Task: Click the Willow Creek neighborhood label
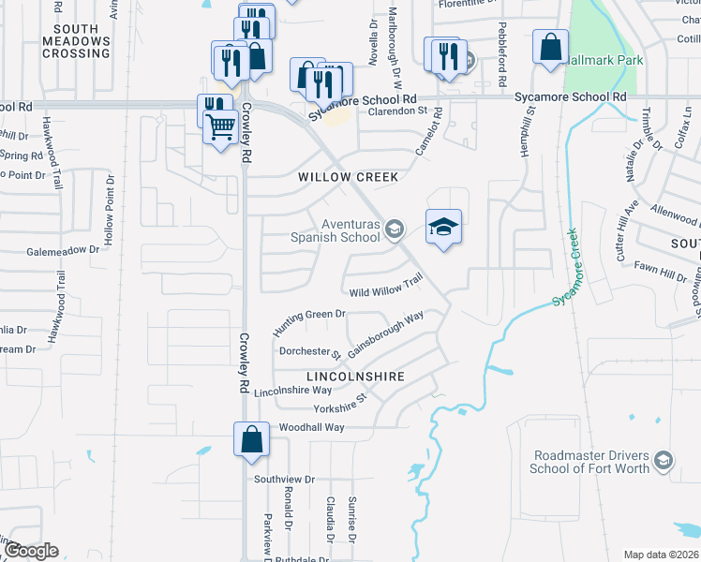click(348, 177)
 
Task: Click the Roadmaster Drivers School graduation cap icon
click(664, 460)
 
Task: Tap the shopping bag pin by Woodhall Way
click(252, 439)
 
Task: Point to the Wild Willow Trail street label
click(387, 287)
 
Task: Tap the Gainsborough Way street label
click(385, 333)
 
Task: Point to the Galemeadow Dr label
click(62, 251)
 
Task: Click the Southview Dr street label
click(281, 478)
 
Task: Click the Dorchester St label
click(310, 352)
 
